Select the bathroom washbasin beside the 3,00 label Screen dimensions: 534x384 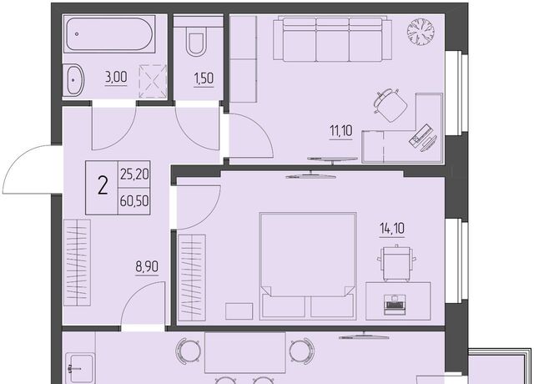coord(73,80)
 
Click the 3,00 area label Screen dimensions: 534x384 coord(116,78)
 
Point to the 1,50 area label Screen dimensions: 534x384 coord(204,78)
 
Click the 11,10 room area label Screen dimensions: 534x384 coord(341,130)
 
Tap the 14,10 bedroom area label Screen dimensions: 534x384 coord(392,229)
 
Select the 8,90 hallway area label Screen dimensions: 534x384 coord(147,266)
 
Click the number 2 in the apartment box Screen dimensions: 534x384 coord(103,186)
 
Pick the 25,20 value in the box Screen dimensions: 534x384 coord(134,174)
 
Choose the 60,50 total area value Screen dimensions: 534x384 coord(134,201)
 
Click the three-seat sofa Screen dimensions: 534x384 coord(332,39)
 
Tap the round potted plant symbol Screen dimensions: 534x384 coord(421,32)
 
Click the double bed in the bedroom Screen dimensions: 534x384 coord(308,266)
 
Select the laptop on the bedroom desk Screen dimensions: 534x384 coord(393,304)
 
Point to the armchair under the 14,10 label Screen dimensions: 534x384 coord(396,262)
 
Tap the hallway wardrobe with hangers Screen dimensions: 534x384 coord(78,263)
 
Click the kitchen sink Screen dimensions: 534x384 coord(80,368)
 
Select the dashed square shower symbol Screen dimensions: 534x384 coord(153,81)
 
